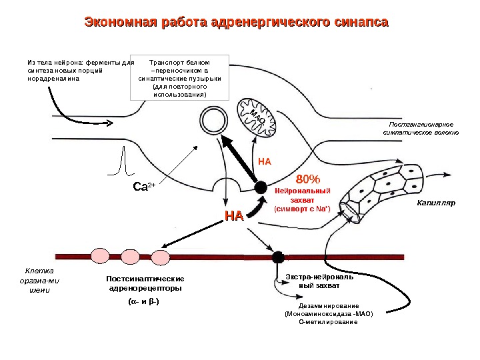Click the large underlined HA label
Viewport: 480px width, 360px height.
click(x=233, y=215)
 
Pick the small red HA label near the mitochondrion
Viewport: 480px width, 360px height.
click(x=265, y=161)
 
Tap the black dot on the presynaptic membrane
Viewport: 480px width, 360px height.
click(x=261, y=188)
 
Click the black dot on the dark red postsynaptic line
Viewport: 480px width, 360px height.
click(x=278, y=257)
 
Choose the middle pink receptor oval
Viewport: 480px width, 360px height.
click(x=130, y=257)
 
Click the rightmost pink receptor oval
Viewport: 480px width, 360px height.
click(x=160, y=257)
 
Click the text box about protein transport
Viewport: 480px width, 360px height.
click(x=179, y=77)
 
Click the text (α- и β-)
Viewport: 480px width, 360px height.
click(x=142, y=301)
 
